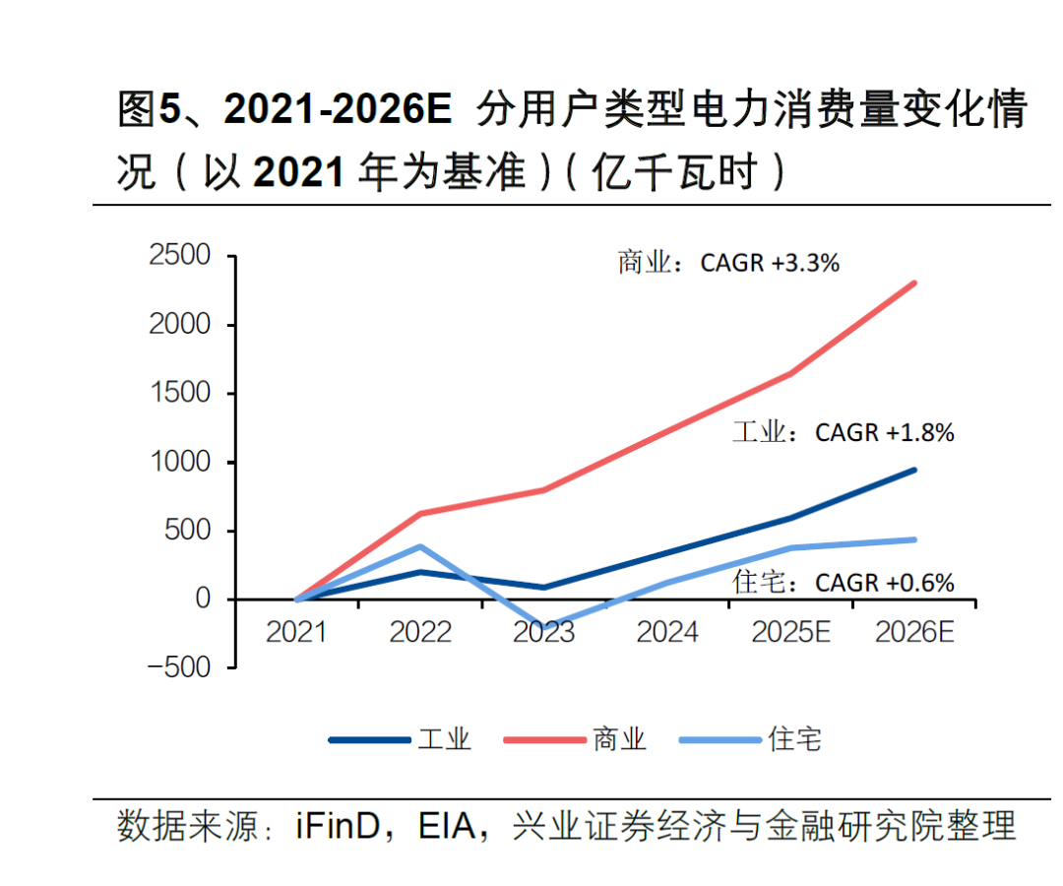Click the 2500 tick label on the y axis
tap(180, 256)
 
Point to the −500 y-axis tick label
tap(180, 667)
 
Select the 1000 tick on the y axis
tap(180, 462)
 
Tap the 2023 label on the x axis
tap(543, 632)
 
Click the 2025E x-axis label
tap(790, 632)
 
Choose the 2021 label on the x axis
tap(296, 632)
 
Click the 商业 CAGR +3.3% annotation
tap(728, 263)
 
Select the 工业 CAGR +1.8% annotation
tap(843, 432)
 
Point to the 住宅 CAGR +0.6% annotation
tap(843, 583)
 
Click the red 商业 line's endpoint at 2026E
tap(914, 284)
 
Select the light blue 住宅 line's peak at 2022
tap(420, 546)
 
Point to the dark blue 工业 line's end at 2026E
tap(914, 470)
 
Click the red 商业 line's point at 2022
tap(420, 514)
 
